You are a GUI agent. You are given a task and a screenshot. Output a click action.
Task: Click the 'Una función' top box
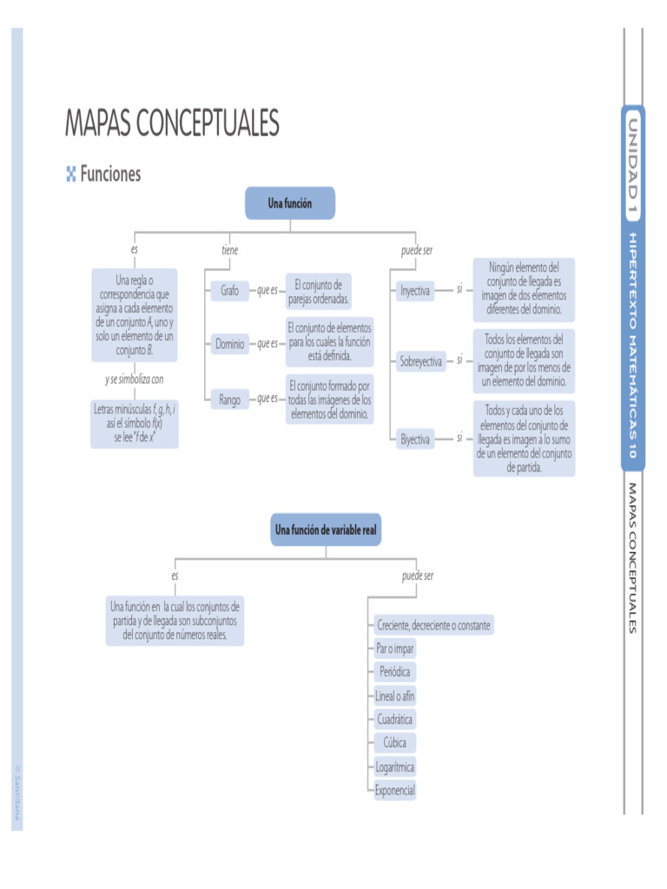(x=289, y=203)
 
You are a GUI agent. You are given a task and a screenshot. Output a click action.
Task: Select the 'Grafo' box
(x=229, y=291)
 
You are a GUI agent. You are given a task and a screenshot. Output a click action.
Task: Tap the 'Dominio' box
(x=230, y=344)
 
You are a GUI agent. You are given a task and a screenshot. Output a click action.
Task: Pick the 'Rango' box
(x=230, y=399)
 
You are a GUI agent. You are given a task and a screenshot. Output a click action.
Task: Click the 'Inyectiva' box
(x=414, y=291)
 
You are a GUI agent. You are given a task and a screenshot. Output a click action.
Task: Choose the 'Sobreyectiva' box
(x=420, y=361)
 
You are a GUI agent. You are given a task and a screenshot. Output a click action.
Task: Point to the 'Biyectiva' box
(x=415, y=439)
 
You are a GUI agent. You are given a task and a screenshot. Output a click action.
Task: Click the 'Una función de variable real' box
(x=326, y=529)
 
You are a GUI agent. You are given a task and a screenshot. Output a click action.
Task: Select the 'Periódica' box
(x=394, y=672)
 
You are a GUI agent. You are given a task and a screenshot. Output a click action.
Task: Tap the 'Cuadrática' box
(x=394, y=719)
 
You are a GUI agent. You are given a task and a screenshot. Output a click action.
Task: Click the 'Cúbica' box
(x=394, y=742)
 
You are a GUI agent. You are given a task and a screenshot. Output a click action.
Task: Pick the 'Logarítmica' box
(x=394, y=767)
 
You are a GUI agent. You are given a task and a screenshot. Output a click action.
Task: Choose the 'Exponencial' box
(x=394, y=790)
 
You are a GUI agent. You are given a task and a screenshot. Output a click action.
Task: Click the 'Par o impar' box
(x=394, y=649)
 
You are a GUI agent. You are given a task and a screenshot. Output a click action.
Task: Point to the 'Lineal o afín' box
(x=394, y=695)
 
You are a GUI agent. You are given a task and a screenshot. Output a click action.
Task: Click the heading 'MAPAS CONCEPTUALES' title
(x=172, y=123)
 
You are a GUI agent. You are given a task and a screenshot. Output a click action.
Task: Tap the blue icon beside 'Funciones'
(x=71, y=175)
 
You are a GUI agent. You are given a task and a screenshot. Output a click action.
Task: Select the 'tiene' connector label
(x=229, y=251)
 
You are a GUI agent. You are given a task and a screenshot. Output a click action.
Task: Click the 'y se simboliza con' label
(x=135, y=379)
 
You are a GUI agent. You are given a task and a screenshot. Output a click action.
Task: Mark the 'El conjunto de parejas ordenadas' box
(x=319, y=291)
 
